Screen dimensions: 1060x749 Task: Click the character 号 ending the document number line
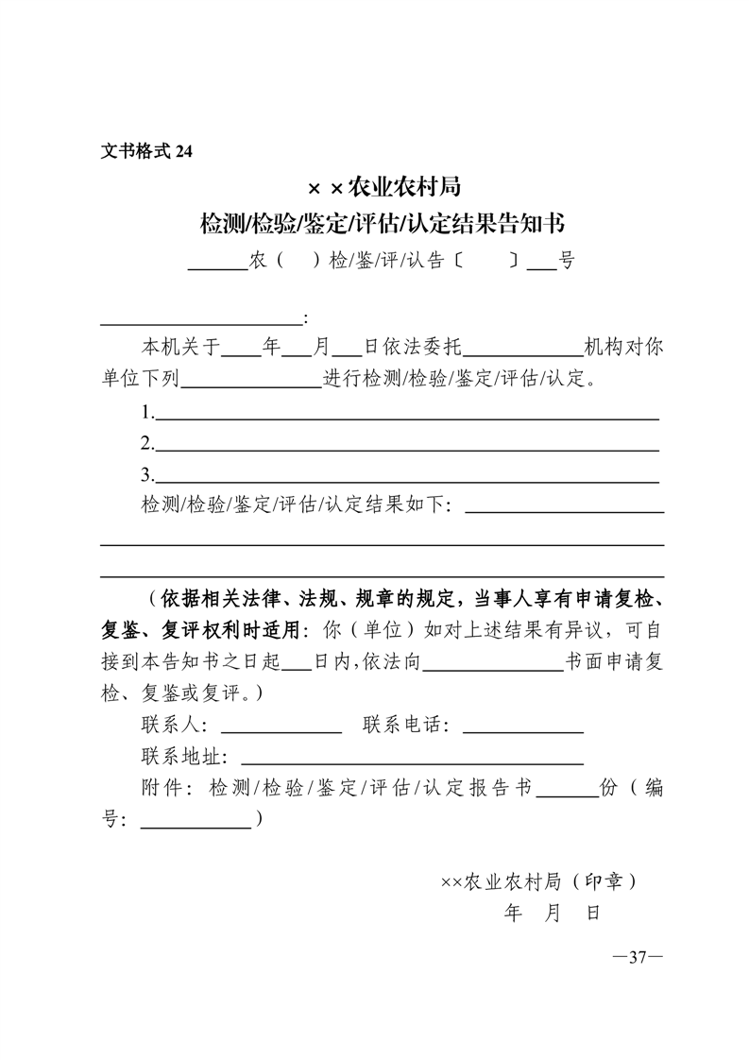pyautogui.click(x=566, y=262)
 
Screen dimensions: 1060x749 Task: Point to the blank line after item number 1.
pyautogui.click(x=406, y=415)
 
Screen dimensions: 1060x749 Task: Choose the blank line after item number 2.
pyautogui.click(x=406, y=448)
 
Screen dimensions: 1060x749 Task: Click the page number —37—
pyautogui.click(x=638, y=957)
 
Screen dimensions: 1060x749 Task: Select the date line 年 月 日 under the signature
pyautogui.click(x=553, y=913)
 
